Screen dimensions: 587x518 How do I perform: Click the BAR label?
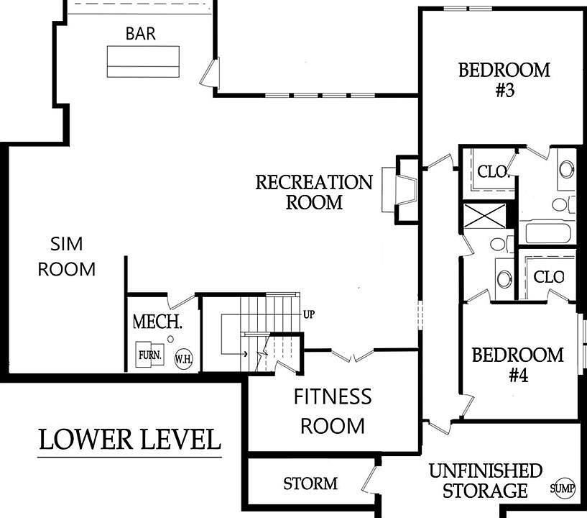click(141, 33)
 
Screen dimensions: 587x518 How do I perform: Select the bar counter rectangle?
click(143, 61)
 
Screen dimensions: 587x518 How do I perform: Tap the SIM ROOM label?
click(67, 257)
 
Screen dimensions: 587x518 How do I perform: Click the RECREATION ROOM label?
click(314, 192)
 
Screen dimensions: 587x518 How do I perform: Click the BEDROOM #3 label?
click(504, 80)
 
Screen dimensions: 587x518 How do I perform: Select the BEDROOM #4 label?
click(518, 364)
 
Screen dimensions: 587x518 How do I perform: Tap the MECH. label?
click(157, 322)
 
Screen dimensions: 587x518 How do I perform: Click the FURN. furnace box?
click(149, 354)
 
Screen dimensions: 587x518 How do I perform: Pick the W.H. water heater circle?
click(184, 360)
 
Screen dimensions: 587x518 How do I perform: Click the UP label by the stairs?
click(309, 314)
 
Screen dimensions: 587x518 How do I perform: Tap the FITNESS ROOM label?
click(333, 412)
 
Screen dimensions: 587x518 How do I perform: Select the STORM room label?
click(310, 483)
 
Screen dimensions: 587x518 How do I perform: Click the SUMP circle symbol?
click(563, 488)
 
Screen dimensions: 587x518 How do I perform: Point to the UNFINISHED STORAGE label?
click(486, 481)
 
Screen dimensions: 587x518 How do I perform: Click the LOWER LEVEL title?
click(129, 440)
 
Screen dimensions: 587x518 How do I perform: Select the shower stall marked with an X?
click(484, 215)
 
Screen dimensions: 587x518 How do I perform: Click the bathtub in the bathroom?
click(547, 233)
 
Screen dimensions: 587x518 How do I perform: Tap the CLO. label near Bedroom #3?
click(494, 172)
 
